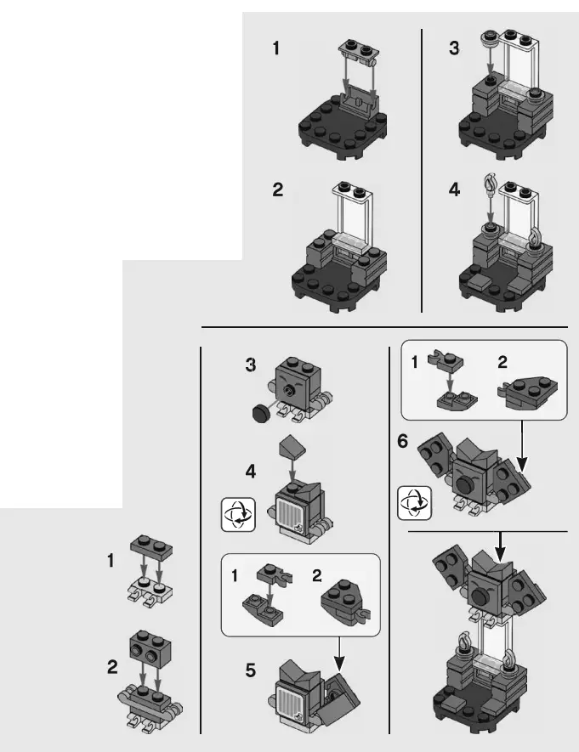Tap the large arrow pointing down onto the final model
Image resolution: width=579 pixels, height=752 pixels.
499,545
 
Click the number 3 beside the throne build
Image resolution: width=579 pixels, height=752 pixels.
455,48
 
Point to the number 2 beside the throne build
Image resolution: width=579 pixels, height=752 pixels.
277,190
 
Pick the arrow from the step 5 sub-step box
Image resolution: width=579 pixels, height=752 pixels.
340,651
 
